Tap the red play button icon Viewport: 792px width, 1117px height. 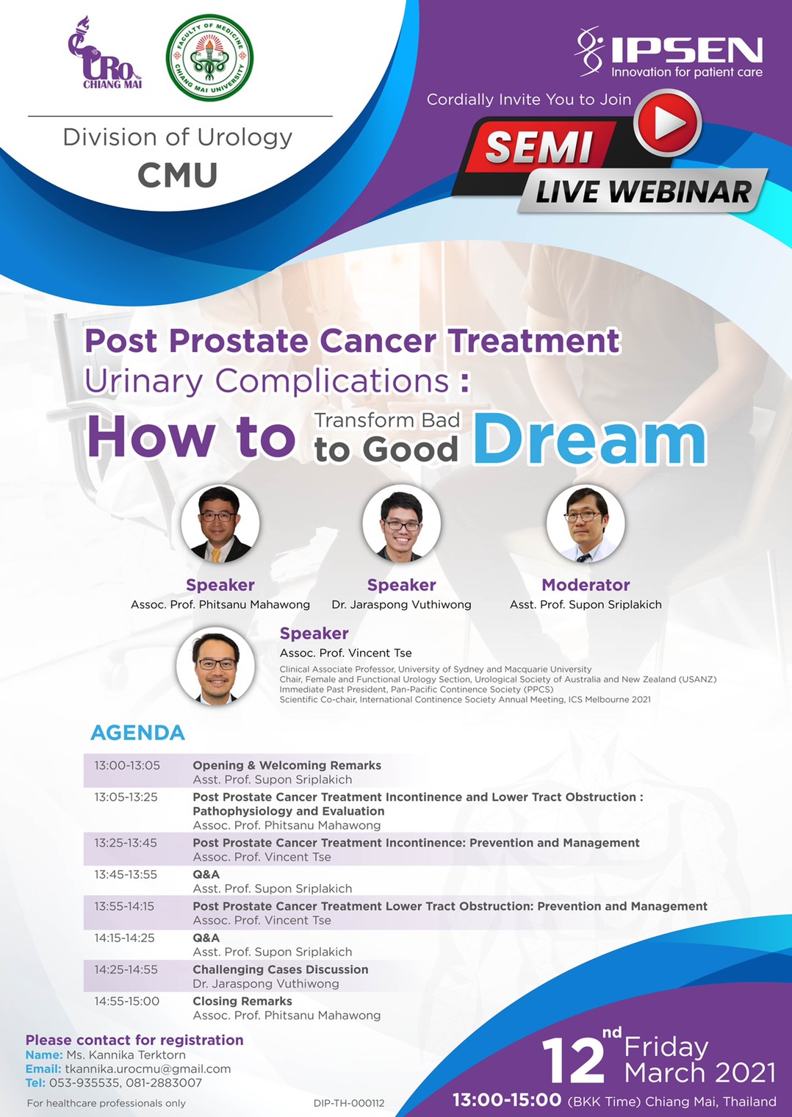pyautogui.click(x=667, y=123)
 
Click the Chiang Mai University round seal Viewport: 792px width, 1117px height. pyautogui.click(x=209, y=58)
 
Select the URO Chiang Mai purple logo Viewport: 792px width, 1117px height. pyautogui.click(x=104, y=53)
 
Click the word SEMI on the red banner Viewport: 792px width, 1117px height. pyautogui.click(x=539, y=147)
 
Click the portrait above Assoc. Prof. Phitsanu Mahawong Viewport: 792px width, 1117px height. pyautogui.click(x=220, y=524)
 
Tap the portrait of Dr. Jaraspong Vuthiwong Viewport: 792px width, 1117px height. pyautogui.click(x=402, y=524)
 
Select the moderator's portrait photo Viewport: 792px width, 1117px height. pyautogui.click(x=586, y=524)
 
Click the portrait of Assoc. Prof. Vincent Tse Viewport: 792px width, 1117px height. pyautogui.click(x=216, y=667)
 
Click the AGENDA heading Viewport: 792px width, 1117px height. pyautogui.click(x=137, y=733)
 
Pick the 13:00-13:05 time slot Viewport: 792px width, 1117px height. pyautogui.click(x=127, y=766)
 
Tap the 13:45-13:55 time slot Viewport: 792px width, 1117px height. pyautogui.click(x=126, y=874)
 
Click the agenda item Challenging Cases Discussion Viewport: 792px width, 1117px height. pyautogui.click(x=280, y=969)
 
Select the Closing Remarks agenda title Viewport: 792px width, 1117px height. pyautogui.click(x=242, y=1001)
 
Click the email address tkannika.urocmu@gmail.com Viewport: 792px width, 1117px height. pyautogui.click(x=148, y=1068)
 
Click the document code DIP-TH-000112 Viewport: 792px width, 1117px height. pyautogui.click(x=349, y=1104)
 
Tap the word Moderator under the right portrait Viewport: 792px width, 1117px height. pyautogui.click(x=586, y=584)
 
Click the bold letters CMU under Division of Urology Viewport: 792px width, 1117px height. pyautogui.click(x=178, y=175)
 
